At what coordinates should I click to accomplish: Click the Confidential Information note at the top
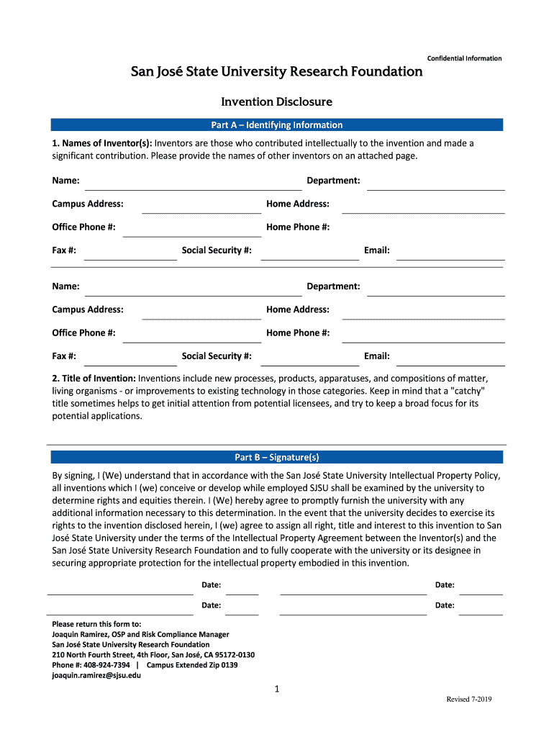click(x=464, y=58)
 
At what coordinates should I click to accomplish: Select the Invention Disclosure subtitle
click(x=276, y=102)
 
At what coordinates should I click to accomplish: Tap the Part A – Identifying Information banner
click(x=276, y=125)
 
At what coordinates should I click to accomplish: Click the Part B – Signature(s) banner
click(x=276, y=457)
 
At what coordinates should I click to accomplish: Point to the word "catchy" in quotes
click(x=468, y=391)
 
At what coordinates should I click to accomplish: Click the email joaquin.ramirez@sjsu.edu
click(x=96, y=676)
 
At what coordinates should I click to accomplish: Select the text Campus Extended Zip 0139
click(x=192, y=665)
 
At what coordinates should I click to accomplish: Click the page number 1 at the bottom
click(x=276, y=689)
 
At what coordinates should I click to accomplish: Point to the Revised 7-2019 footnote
click(x=468, y=700)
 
